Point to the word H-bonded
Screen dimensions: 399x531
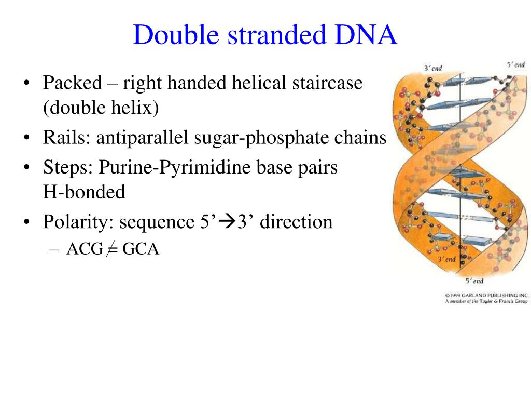click(84, 192)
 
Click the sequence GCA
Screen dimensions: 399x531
click(141, 249)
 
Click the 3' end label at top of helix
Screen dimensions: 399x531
click(433, 68)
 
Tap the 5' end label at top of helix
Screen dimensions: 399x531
click(515, 64)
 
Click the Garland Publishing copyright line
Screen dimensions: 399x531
click(486, 295)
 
